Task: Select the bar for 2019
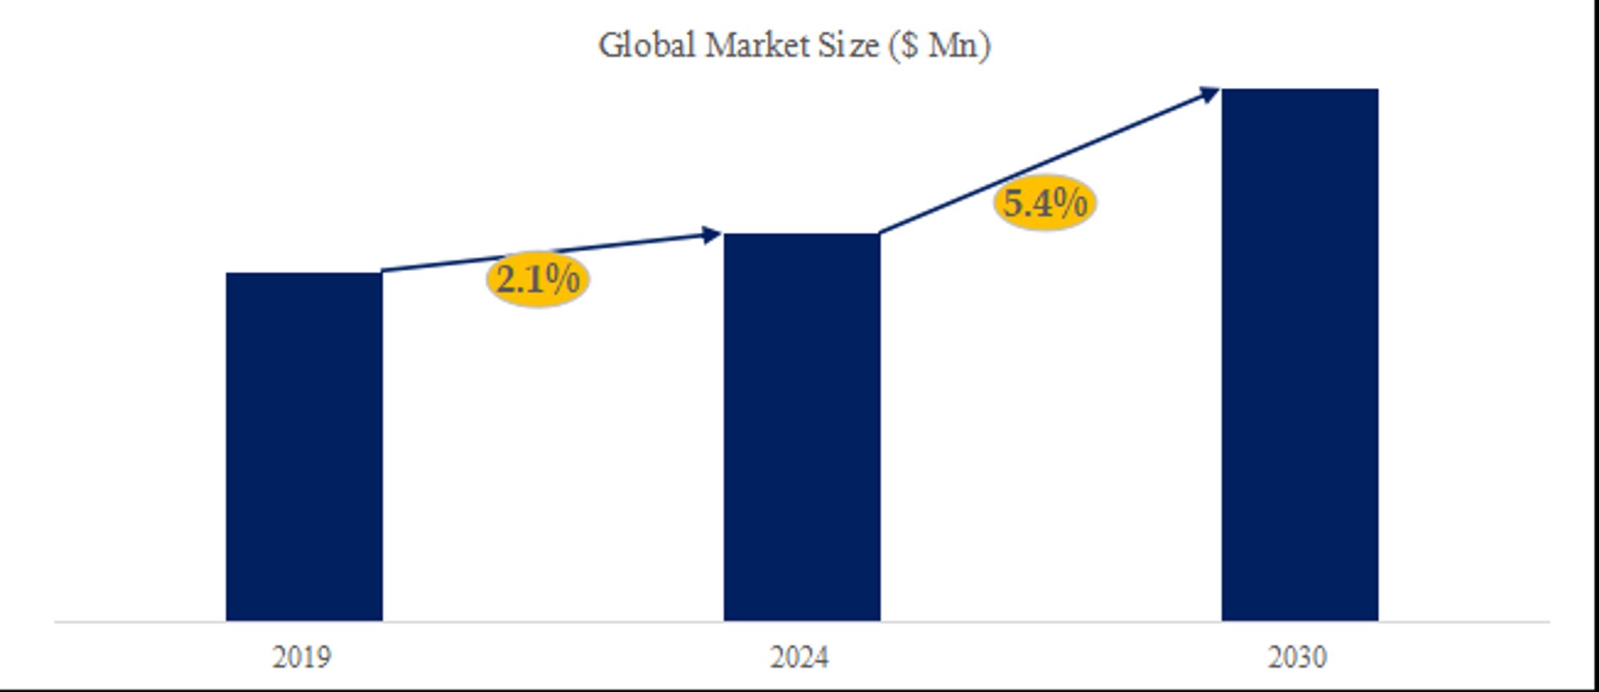(304, 447)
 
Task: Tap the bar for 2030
(1300, 354)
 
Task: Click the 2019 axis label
(302, 657)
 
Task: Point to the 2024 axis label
(799, 657)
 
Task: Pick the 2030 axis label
(1297, 657)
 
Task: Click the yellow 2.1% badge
(538, 280)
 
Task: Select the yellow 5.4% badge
(1045, 203)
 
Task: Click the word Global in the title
(647, 45)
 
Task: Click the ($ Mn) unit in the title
(940, 45)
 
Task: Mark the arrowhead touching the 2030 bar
(1209, 94)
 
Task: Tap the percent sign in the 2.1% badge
(564, 280)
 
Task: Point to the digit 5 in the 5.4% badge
(1013, 203)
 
